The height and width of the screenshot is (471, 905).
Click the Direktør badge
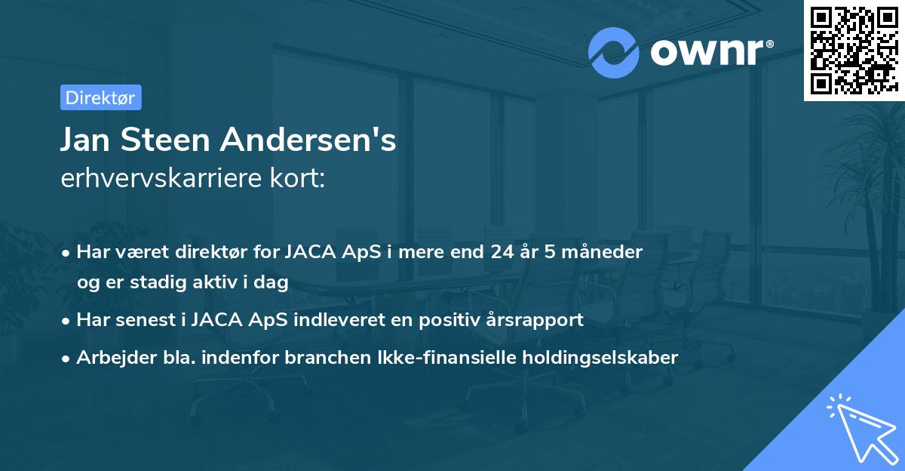click(100, 97)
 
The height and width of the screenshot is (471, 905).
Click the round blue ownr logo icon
click(614, 53)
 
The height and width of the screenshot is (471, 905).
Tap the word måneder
click(606, 252)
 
